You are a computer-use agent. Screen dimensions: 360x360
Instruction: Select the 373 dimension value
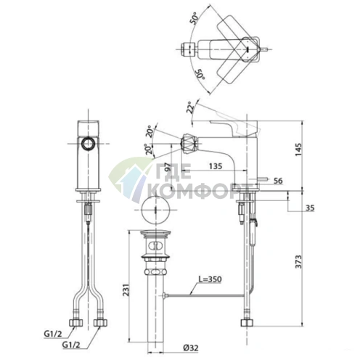299,261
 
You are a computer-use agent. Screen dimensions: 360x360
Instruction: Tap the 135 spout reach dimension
216,166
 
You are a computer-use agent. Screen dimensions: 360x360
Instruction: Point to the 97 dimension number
167,167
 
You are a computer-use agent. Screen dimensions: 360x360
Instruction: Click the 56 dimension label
278,181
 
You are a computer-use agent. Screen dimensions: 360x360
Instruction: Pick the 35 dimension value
310,208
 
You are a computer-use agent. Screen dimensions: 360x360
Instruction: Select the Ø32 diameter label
192,348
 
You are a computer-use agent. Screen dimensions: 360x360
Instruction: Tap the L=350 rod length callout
210,279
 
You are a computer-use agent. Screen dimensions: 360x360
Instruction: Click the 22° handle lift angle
190,107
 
